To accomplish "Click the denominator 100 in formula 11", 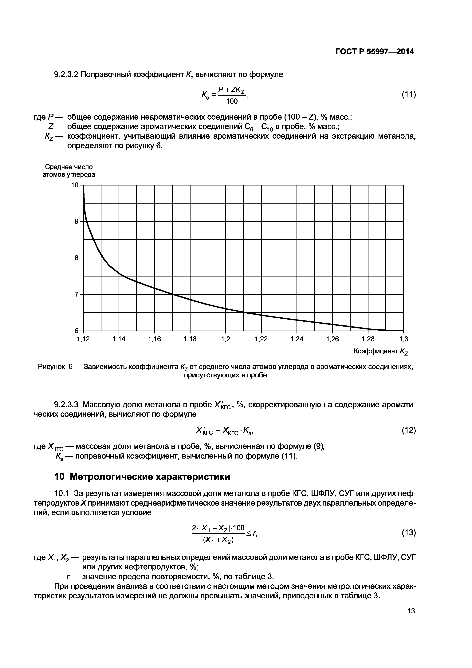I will click(232, 101).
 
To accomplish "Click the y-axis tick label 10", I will click(75, 185).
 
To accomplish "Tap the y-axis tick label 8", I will click(77, 258).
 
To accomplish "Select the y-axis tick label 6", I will click(77, 331).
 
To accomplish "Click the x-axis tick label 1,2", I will click(226, 339).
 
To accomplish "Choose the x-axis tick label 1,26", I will click(332, 339).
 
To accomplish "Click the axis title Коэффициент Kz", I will click(381, 352).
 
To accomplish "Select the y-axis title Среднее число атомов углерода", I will click(69, 171).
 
